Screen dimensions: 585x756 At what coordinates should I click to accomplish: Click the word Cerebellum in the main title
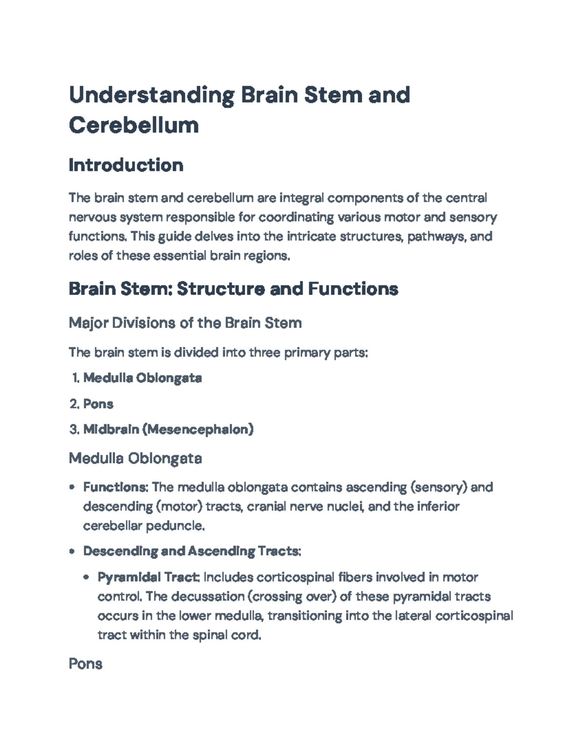[134, 125]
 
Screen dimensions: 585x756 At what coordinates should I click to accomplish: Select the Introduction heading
[126, 165]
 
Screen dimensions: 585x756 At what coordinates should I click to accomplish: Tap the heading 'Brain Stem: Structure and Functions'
[234, 289]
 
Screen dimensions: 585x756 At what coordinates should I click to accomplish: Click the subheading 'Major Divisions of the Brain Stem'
[185, 323]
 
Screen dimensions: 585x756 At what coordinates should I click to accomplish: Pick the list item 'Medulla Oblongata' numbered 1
[142, 378]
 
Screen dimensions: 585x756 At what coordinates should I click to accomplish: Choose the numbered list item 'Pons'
[98, 404]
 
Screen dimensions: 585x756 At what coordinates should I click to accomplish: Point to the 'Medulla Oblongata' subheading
[135, 458]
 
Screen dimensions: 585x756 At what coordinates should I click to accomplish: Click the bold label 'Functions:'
[116, 487]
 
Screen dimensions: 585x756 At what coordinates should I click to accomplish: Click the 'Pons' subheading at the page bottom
[85, 664]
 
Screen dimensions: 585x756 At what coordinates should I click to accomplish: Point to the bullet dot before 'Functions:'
[72, 487]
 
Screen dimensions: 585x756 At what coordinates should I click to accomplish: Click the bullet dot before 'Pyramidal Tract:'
[87, 577]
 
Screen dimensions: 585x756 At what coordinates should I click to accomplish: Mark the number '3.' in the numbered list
[74, 429]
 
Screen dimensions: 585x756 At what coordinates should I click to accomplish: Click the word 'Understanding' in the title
[151, 94]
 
